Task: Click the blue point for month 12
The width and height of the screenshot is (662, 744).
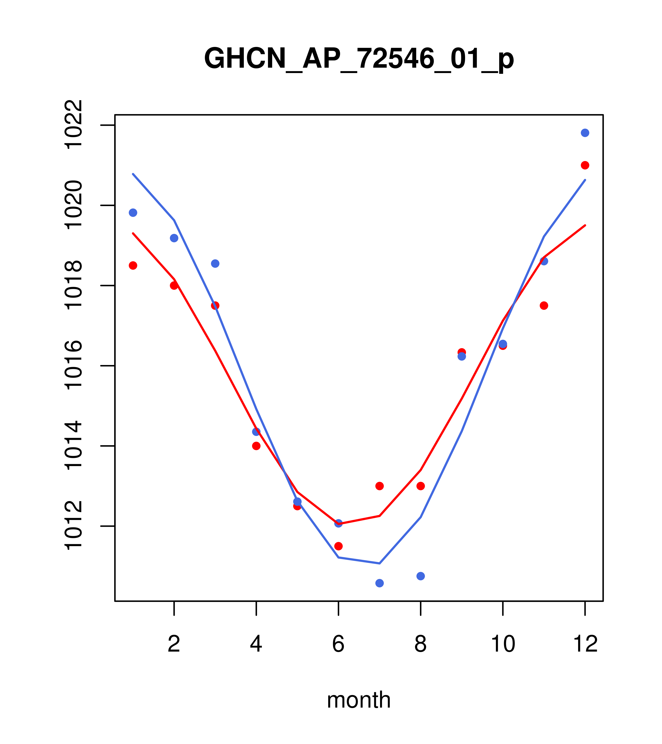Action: pyautogui.click(x=585, y=133)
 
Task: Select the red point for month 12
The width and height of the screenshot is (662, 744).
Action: pyautogui.click(x=585, y=165)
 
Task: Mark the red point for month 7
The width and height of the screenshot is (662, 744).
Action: pyautogui.click(x=379, y=486)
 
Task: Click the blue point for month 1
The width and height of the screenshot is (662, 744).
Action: pyautogui.click(x=133, y=213)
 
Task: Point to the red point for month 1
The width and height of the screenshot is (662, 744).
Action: pyautogui.click(x=133, y=265)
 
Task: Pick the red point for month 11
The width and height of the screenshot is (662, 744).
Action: pyautogui.click(x=544, y=305)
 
